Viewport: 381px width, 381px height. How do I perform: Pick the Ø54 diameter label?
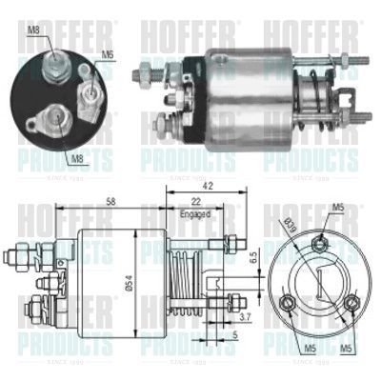point(138,277)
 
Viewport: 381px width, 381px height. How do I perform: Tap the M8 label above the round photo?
point(34,30)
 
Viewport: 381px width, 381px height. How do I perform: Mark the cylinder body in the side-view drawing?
point(110,276)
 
